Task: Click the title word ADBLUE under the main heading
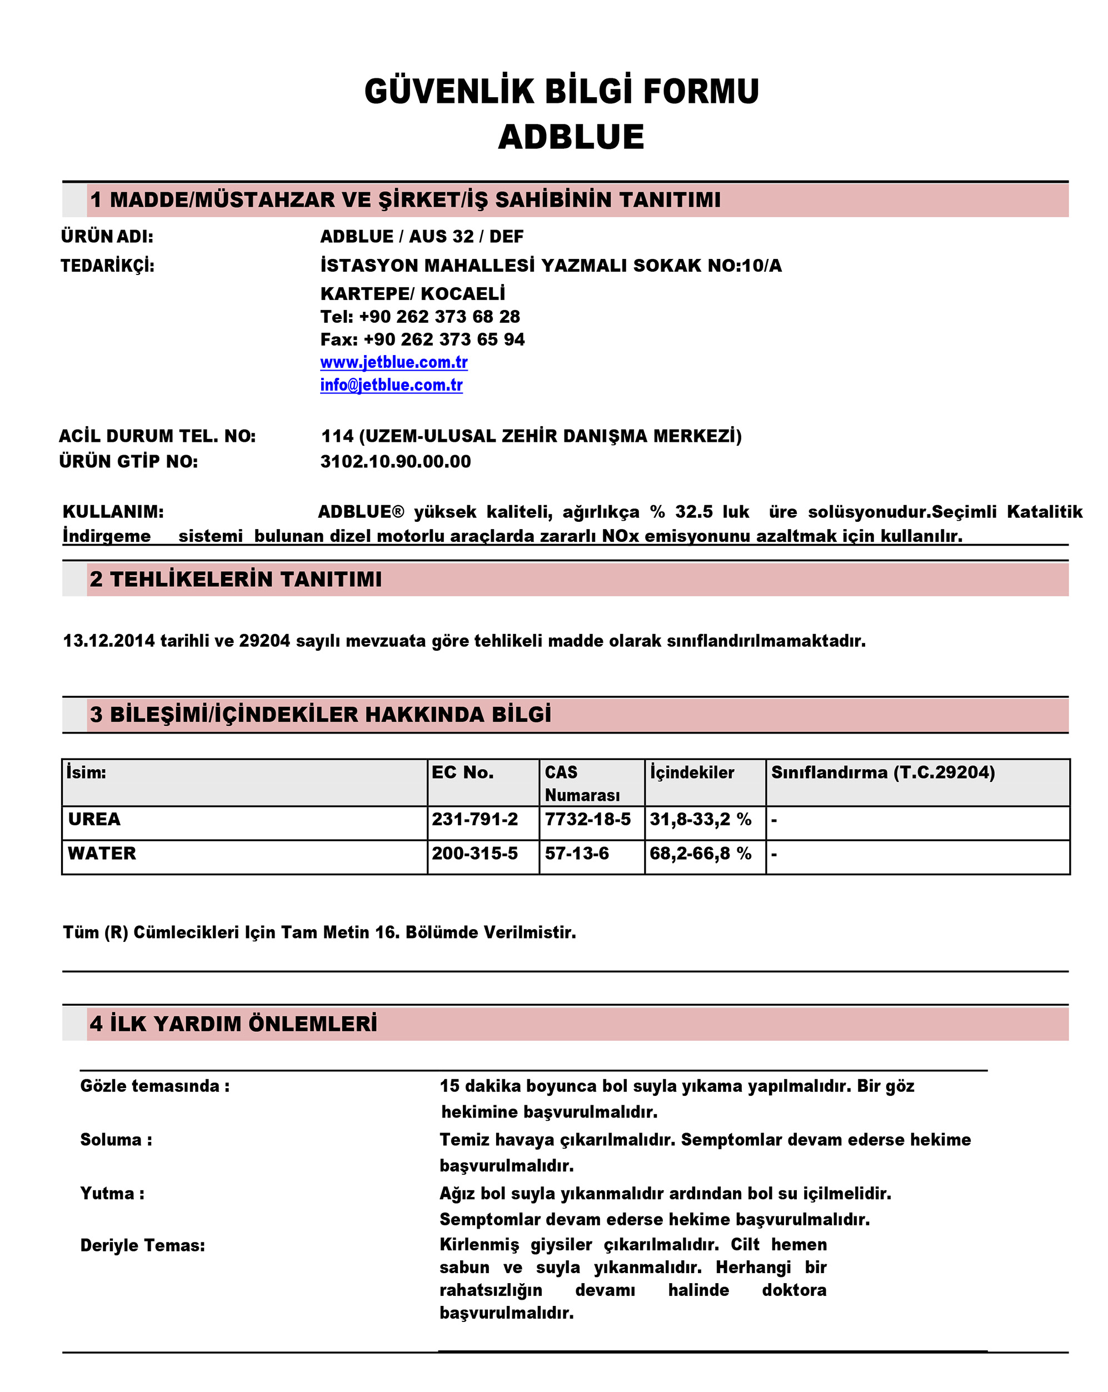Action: (571, 137)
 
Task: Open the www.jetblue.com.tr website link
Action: (393, 362)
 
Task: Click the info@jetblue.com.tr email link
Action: (391, 385)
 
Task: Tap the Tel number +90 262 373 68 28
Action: (439, 316)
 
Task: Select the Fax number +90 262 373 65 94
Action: (443, 339)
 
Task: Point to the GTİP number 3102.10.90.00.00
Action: (395, 461)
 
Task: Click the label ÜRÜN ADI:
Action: (107, 236)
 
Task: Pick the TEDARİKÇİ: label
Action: (108, 266)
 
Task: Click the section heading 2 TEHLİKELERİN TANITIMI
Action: (236, 579)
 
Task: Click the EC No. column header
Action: (462, 772)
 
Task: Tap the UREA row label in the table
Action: (94, 819)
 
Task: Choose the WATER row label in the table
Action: (102, 853)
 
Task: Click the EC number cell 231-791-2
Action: (475, 819)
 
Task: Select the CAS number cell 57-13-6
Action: (577, 853)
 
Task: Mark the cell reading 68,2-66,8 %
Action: (700, 853)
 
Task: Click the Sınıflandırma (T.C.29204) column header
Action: (882, 772)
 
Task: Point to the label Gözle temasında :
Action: (155, 1085)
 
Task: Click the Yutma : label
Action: (112, 1193)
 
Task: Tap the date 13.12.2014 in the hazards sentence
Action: (108, 641)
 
